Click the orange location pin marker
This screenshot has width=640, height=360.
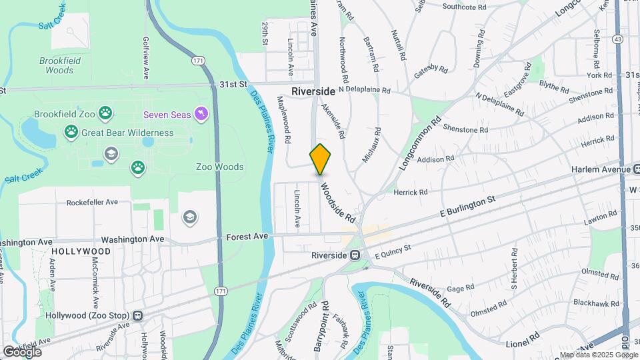tap(321, 159)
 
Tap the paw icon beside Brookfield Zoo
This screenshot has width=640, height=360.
tap(105, 114)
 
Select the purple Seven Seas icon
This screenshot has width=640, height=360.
tap(200, 115)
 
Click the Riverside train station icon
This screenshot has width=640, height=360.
tap(355, 255)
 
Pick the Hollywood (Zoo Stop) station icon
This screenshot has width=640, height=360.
tap(138, 315)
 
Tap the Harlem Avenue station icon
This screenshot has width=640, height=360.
tap(636, 169)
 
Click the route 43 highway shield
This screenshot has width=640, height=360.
tap(619, 40)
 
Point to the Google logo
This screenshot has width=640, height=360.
tap(21, 351)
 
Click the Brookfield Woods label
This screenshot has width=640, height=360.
tap(60, 65)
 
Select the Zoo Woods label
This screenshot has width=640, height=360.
tap(219, 167)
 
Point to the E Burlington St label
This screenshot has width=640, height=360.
tap(468, 207)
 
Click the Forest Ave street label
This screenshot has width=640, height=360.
tap(247, 235)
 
